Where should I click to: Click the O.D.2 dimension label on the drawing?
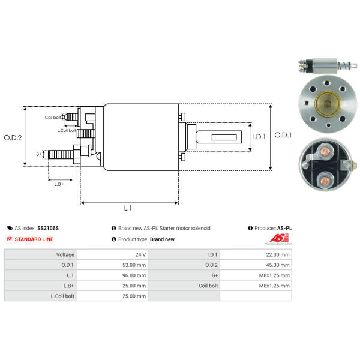tap(13, 138)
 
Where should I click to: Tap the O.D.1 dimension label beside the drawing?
tap(283, 135)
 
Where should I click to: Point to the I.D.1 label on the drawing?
tap(259, 137)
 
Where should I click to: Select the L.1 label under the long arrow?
tap(128, 208)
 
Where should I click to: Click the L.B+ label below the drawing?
tap(59, 184)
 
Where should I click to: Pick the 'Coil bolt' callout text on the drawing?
tap(53, 118)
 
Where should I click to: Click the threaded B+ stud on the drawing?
tap(61, 154)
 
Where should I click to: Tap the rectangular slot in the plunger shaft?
tap(224, 137)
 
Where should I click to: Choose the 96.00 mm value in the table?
tap(134, 275)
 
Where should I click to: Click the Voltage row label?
tap(65, 254)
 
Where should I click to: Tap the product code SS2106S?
tap(48, 228)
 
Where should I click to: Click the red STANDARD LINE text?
tap(34, 239)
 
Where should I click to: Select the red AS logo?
tap(279, 238)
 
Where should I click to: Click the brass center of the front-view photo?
tap(328, 104)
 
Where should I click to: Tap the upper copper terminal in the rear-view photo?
tap(325, 152)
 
